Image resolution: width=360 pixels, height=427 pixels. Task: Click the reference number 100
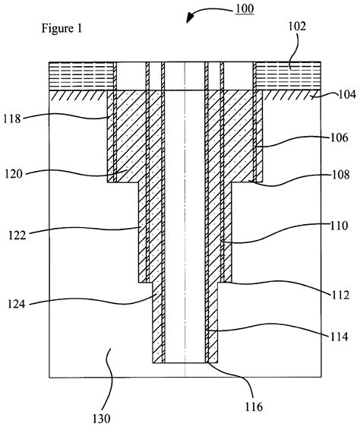point(245,8)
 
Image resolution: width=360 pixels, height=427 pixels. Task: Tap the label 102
point(297,27)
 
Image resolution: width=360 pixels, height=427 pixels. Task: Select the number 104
point(347,94)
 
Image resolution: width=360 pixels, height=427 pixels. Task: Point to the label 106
point(339,138)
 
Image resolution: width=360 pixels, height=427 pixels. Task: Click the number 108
point(340,175)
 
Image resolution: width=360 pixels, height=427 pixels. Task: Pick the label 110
point(339,226)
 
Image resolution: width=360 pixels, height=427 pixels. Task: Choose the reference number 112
point(340,295)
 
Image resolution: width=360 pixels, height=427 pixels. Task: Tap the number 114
point(339,337)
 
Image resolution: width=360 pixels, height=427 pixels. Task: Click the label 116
point(254,406)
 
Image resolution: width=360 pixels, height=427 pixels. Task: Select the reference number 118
point(12,119)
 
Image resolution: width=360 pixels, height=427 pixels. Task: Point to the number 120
point(14,174)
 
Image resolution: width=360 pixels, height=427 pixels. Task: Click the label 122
point(17,235)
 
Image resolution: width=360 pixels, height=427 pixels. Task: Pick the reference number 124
point(17,304)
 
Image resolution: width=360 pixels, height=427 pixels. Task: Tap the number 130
point(101,419)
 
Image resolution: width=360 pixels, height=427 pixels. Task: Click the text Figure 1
point(62,28)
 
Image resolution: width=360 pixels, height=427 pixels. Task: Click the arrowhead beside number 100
point(190,18)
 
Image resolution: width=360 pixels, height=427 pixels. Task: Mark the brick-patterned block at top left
point(81,76)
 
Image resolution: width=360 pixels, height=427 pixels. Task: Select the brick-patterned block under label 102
point(287,76)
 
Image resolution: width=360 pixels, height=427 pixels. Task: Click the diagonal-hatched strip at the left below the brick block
point(78,95)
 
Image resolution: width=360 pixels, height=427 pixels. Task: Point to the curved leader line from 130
point(111,378)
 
